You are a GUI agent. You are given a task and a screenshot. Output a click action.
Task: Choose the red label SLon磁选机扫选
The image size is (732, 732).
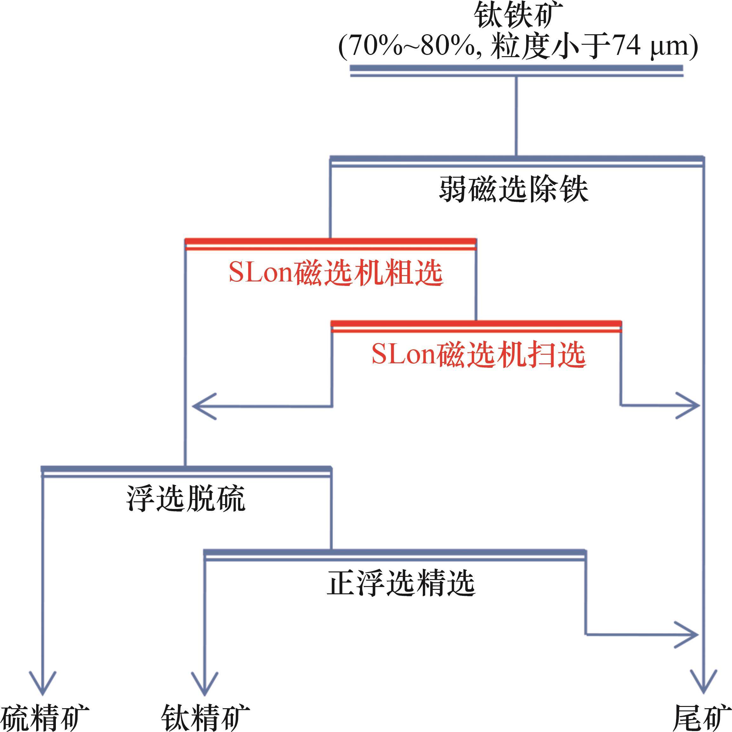[479, 355]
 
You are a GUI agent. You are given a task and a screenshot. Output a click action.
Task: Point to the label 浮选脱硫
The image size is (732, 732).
[186, 498]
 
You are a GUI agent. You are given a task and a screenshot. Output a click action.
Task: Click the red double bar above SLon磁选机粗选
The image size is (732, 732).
[330, 244]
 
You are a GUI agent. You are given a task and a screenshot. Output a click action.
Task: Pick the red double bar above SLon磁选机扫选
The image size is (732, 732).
[476, 326]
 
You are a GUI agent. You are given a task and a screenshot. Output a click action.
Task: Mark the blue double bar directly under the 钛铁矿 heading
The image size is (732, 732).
[516, 71]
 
